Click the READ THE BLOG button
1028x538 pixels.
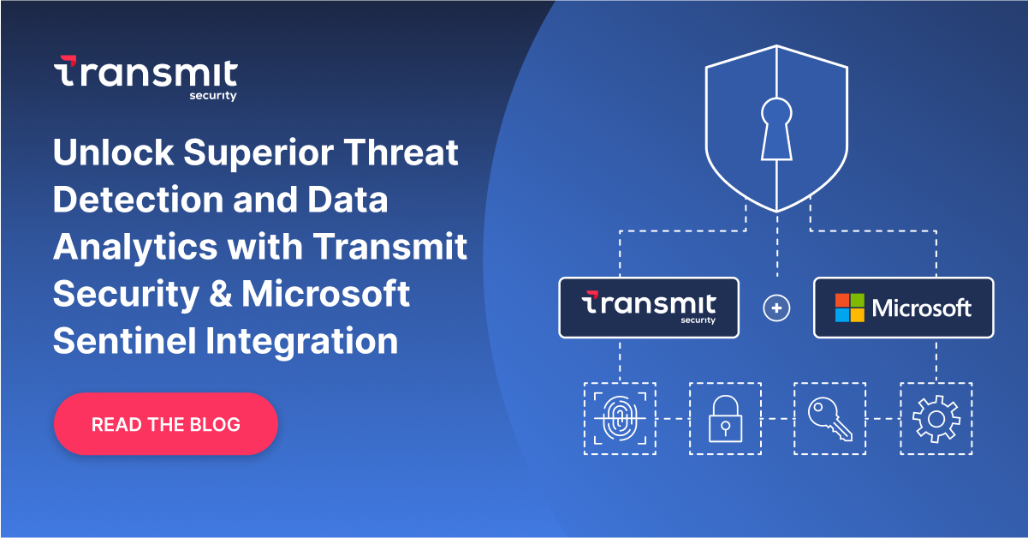click(166, 424)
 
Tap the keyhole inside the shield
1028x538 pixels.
click(776, 128)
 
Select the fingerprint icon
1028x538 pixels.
click(619, 419)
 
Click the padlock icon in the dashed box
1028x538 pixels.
click(724, 419)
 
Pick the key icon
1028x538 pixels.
click(829, 419)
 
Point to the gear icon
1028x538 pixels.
click(936, 419)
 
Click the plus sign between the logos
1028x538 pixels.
click(776, 308)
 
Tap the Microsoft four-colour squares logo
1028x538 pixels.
click(851, 308)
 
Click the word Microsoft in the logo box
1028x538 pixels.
click(921, 308)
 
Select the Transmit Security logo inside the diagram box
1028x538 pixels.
click(648, 307)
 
